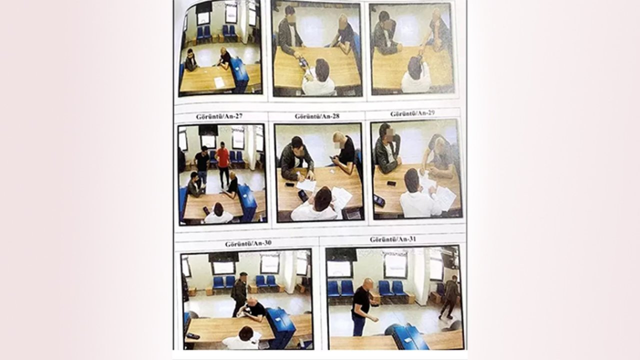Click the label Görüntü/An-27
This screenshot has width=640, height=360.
(x=219, y=116)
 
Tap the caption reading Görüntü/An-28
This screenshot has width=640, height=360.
(x=317, y=116)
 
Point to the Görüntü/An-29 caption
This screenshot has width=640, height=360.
(x=412, y=113)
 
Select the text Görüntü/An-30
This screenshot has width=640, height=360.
(x=248, y=243)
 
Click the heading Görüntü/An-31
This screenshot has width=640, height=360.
(x=392, y=239)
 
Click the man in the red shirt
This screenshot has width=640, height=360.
(x=223, y=164)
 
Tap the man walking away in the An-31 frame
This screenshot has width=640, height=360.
(x=449, y=297)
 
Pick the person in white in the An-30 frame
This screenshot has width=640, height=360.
(x=241, y=339)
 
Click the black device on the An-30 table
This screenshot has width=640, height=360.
(x=193, y=336)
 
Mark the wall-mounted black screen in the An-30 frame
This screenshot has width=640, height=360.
(x=223, y=257)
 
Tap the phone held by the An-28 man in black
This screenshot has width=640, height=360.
(x=333, y=157)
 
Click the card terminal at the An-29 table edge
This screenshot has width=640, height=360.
(x=379, y=201)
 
